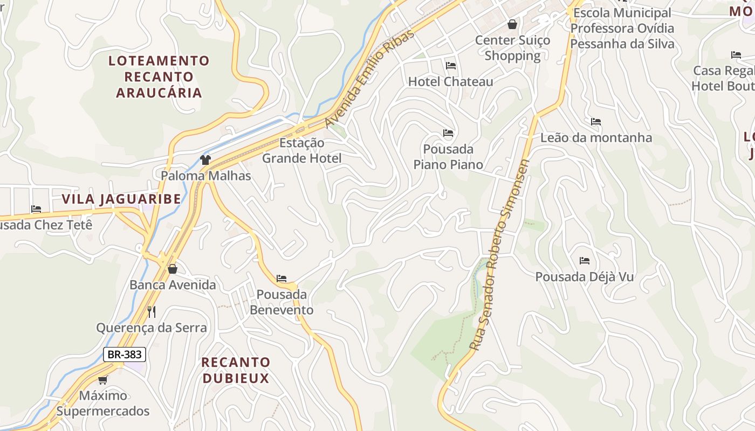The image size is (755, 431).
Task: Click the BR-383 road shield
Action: (x=125, y=354)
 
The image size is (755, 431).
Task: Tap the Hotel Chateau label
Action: (x=450, y=82)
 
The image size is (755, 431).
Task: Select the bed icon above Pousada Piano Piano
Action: (x=448, y=133)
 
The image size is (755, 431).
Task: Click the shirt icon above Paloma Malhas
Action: (x=205, y=159)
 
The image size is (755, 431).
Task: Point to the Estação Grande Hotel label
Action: (x=302, y=150)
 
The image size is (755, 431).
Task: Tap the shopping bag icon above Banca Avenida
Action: (x=173, y=268)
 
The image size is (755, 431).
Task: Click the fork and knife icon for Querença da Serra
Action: (x=152, y=311)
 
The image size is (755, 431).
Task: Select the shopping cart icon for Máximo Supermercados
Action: (x=103, y=380)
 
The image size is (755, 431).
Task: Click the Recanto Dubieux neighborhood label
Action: (x=236, y=370)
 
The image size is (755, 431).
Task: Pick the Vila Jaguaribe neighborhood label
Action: (x=121, y=199)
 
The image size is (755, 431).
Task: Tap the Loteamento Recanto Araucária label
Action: (x=159, y=77)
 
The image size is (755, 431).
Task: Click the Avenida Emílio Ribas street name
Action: (x=370, y=78)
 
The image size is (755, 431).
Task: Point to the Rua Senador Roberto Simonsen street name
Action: (x=499, y=255)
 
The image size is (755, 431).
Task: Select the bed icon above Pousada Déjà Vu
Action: (x=585, y=261)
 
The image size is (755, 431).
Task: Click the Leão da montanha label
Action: (x=596, y=138)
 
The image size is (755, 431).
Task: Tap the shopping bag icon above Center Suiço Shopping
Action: (x=512, y=24)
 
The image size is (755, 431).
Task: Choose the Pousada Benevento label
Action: (x=282, y=302)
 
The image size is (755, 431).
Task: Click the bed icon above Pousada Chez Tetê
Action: (x=36, y=209)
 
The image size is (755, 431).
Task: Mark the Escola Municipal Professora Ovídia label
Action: (x=622, y=28)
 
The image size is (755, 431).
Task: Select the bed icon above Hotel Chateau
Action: (x=451, y=66)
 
